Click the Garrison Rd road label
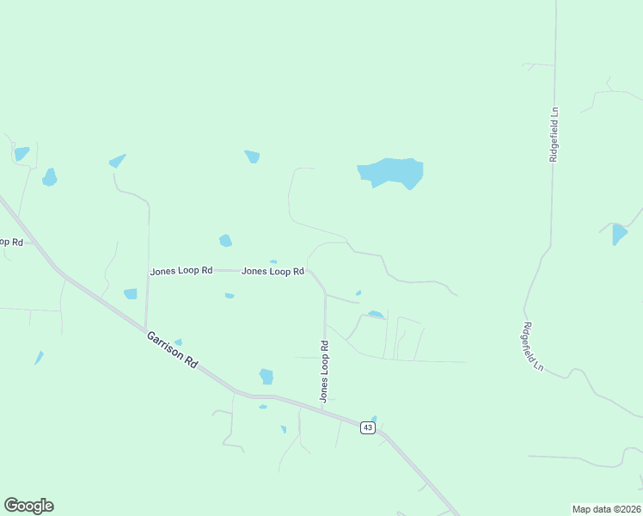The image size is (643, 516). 172,350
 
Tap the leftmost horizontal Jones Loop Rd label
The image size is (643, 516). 181,271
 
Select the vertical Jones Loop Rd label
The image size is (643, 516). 325,372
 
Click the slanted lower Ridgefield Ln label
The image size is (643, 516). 533,347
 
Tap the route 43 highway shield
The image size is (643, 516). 367,427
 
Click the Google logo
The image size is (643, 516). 28,506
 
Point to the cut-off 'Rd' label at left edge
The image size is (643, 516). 10,242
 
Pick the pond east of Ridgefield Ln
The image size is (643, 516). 619,233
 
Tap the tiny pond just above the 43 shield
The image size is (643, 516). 374,419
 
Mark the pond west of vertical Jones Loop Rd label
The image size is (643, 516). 266,376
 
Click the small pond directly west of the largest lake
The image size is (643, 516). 252,157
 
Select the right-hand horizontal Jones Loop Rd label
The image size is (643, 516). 273,272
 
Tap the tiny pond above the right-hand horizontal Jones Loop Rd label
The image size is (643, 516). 273,261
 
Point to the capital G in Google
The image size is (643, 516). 11,506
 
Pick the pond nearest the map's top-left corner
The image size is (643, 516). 21,154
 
